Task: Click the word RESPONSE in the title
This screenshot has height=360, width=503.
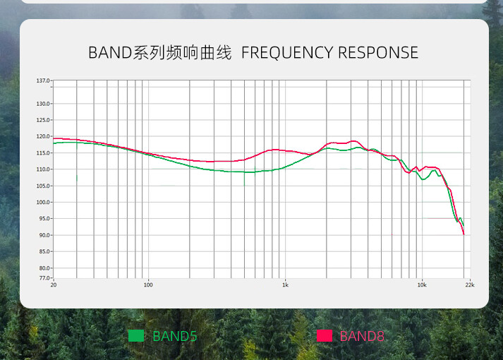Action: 378,53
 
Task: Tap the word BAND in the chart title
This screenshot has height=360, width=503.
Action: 110,53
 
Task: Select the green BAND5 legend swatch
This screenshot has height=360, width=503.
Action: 136,336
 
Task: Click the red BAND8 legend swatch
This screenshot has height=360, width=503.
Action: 325,336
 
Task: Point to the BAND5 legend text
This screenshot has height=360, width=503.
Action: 174,336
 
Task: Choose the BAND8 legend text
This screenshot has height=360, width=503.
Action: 362,336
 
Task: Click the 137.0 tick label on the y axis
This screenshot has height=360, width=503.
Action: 43,80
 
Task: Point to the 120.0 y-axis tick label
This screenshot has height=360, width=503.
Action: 43,136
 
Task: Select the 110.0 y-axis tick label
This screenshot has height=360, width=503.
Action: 43,169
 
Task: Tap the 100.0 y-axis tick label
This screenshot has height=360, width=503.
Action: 43,202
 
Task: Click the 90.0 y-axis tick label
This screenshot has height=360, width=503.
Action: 44,235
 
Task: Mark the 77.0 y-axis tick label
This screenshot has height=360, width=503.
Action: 44,278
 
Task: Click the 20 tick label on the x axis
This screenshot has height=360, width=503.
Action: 54,284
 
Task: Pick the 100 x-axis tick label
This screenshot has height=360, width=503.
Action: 148,284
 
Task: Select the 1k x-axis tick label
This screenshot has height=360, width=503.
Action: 285,284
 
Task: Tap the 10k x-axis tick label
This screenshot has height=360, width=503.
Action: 422,284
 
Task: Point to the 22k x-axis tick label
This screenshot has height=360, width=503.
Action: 470,284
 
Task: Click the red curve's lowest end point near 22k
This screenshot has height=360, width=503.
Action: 464,234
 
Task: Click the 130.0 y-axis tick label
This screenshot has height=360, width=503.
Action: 43,104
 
